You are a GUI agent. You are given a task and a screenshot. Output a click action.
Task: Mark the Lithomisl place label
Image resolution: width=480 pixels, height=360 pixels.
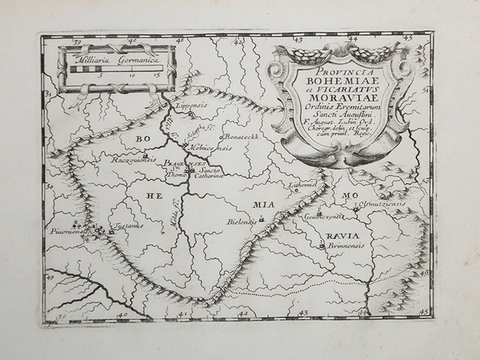click(306, 184)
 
